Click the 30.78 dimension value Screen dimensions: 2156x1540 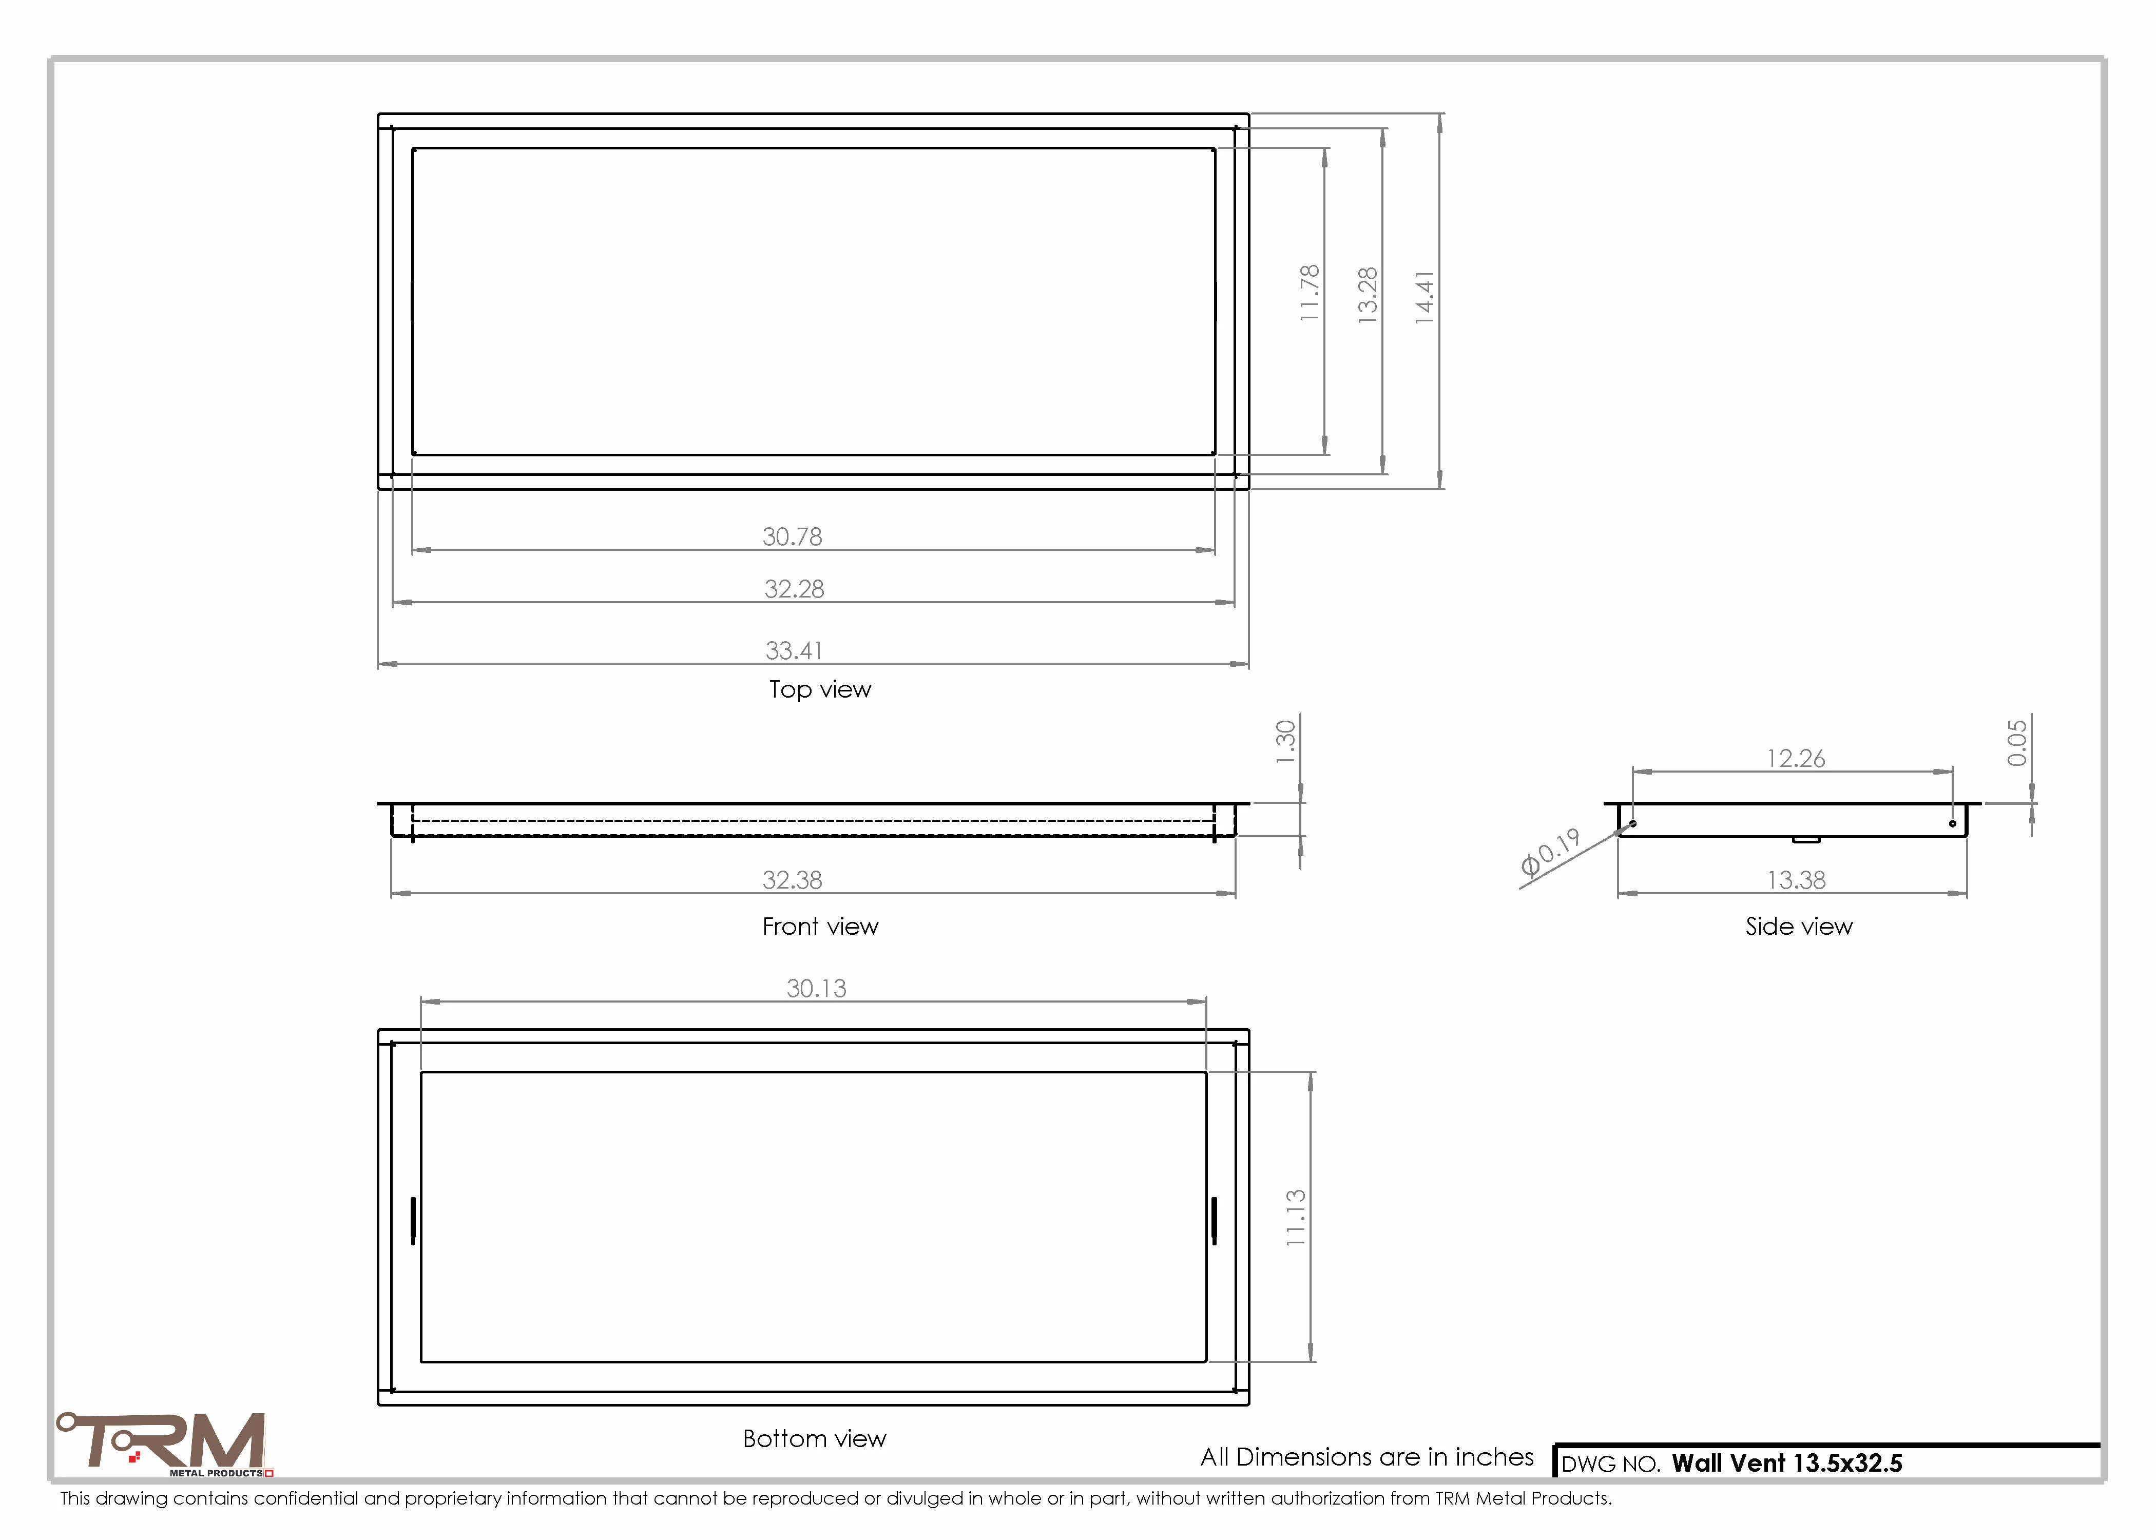[x=793, y=537]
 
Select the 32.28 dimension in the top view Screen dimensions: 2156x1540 [x=795, y=589]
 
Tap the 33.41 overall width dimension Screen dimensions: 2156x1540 [x=795, y=650]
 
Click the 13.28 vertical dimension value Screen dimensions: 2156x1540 [x=1367, y=296]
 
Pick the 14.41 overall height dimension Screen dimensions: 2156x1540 [x=1425, y=298]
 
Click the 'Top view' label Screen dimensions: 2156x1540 [x=820, y=689]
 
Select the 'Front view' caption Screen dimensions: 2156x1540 [x=820, y=927]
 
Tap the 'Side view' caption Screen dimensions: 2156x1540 [x=1799, y=927]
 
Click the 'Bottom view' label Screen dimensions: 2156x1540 [x=815, y=1438]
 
